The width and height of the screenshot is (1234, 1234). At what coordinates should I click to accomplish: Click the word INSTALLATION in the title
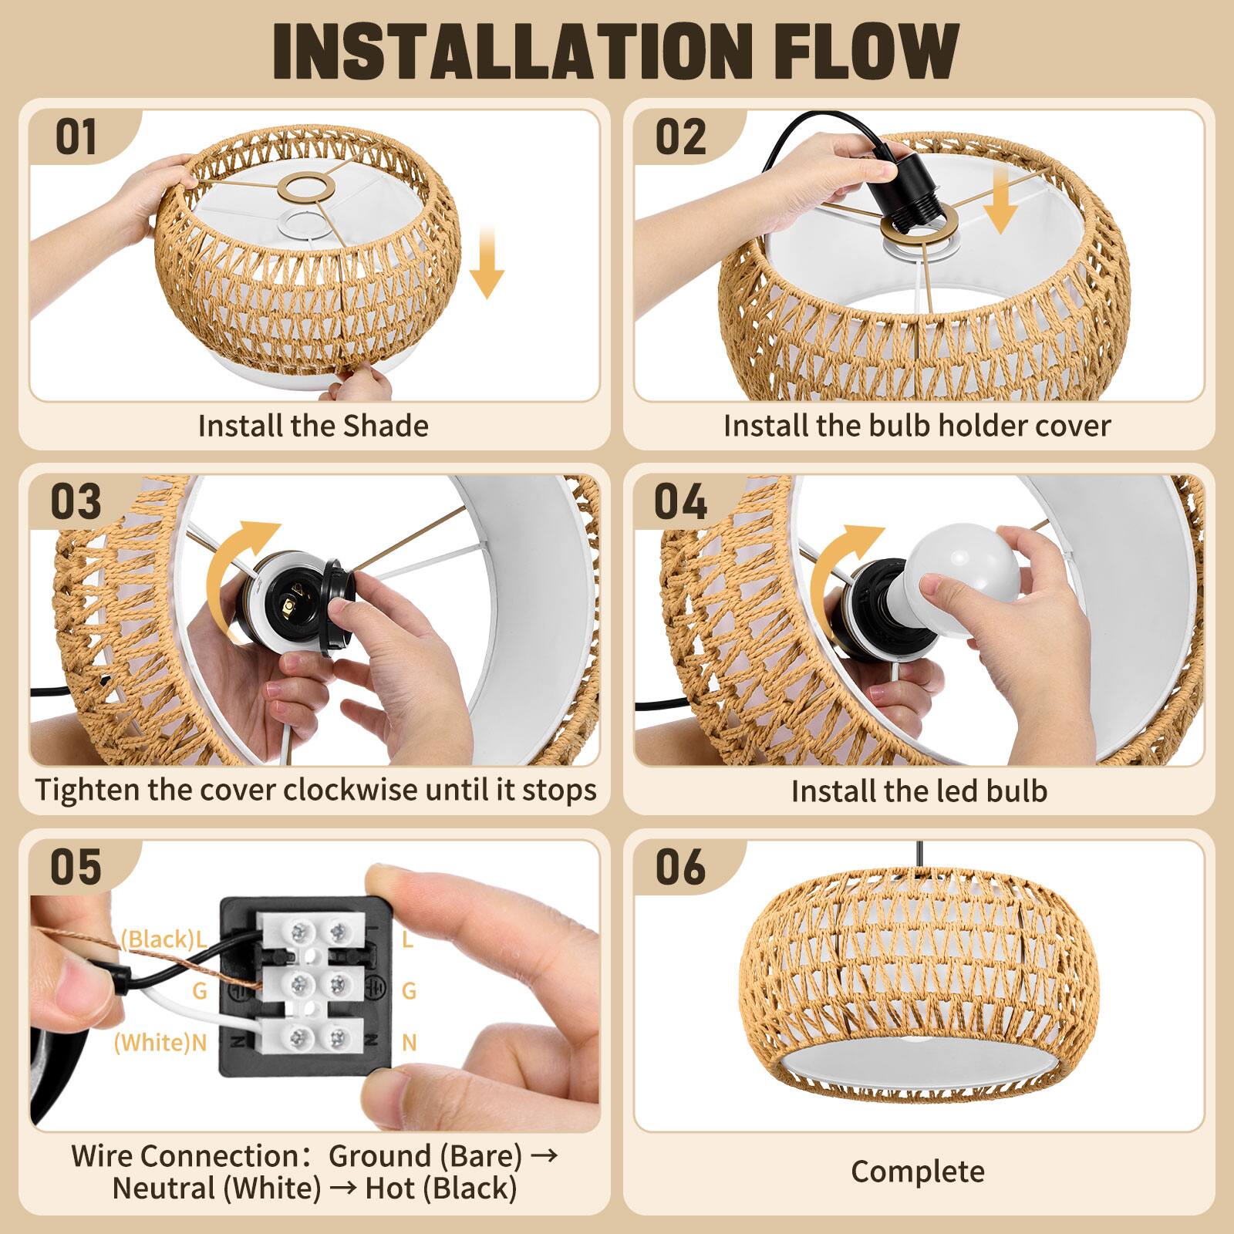tap(510, 52)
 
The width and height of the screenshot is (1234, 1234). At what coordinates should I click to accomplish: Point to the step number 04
tap(680, 501)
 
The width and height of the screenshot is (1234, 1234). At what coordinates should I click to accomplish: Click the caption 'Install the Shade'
tap(313, 426)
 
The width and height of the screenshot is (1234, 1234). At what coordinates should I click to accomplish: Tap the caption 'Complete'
tap(918, 1172)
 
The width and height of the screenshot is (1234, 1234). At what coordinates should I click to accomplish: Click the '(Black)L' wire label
tap(164, 939)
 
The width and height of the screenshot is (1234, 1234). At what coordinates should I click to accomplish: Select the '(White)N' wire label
tap(160, 1043)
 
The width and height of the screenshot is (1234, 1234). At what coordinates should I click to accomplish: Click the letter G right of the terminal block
tap(409, 990)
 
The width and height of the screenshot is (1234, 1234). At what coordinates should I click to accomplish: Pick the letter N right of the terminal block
tap(409, 1043)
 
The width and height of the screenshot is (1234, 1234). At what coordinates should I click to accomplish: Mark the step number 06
tap(680, 867)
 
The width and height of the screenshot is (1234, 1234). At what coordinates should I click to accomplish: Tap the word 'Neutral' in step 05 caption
tap(164, 1188)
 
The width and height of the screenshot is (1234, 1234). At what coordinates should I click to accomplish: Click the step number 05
tap(76, 867)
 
